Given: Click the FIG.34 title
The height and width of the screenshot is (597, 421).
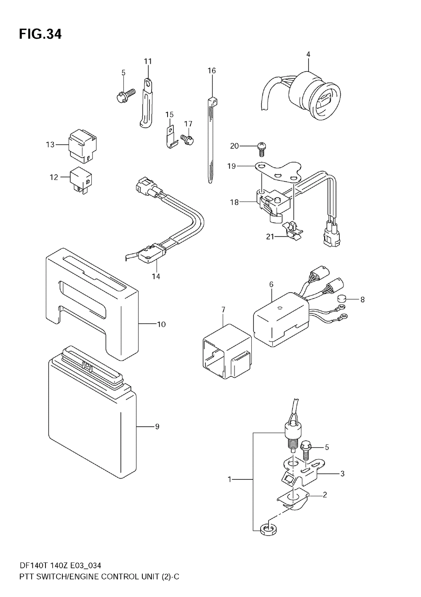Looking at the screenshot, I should [40, 34].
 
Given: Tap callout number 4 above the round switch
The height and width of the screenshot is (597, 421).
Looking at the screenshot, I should [308, 54].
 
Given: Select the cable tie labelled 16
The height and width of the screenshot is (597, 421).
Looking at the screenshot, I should [210, 139].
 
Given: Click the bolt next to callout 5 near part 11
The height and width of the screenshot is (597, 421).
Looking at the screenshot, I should [125, 93].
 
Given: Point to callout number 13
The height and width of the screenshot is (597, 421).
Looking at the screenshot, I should [50, 145].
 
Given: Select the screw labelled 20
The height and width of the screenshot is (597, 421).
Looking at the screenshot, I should [261, 148].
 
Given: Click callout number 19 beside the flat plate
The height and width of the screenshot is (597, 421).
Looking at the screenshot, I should [232, 167].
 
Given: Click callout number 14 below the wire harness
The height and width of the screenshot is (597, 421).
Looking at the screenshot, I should [156, 277].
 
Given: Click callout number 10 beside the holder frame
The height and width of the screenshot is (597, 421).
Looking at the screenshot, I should [161, 324].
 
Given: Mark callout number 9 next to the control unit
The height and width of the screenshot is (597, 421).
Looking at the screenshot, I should [157, 427].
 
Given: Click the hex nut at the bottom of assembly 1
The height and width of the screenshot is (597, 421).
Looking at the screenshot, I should [266, 530].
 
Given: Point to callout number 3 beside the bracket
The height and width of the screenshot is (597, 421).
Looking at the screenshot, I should [342, 474].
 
